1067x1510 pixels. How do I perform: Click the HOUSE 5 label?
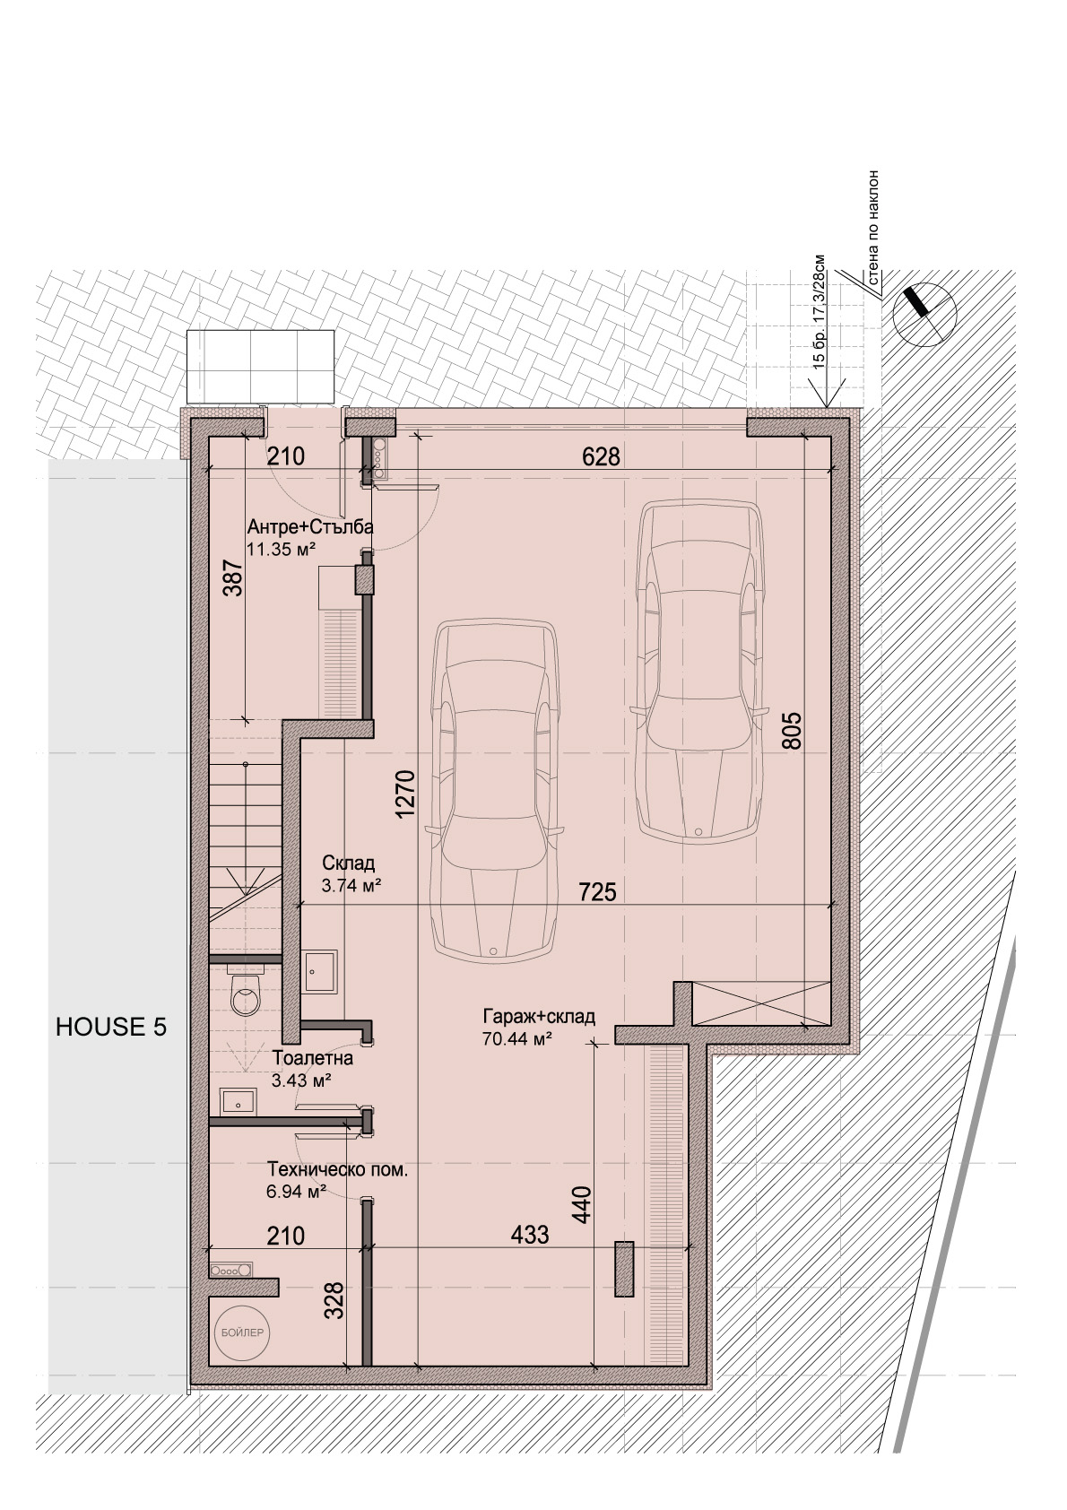coord(111,1027)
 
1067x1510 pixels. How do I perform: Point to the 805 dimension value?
coord(794,731)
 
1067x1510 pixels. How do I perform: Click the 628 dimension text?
coord(601,457)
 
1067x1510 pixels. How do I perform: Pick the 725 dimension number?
coord(598,892)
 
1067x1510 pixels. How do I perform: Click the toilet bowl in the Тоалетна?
coord(244,994)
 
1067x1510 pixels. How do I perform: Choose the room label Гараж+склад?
coord(539,1016)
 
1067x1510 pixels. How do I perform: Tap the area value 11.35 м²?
coord(281,550)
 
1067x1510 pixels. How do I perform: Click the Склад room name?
coord(349,863)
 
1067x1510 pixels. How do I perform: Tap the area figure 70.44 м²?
coord(517,1039)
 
